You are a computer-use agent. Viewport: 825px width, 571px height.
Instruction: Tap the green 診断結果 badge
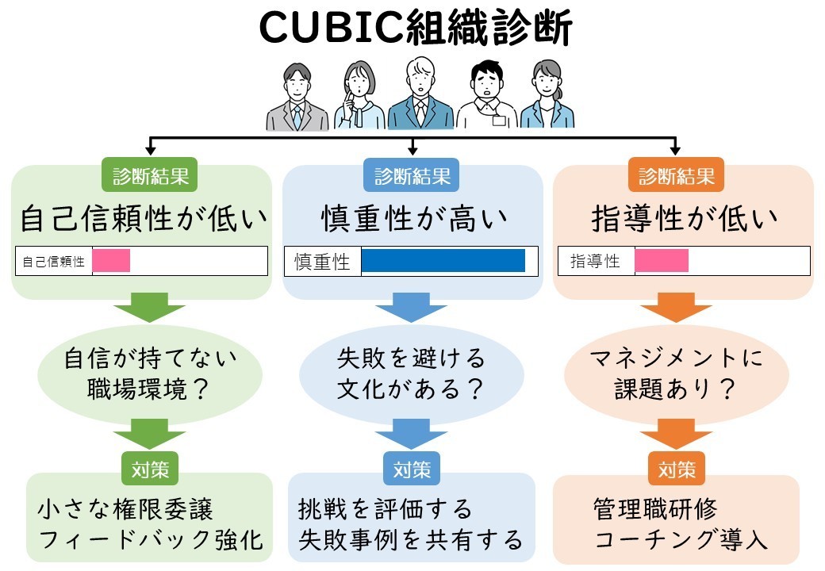point(149,175)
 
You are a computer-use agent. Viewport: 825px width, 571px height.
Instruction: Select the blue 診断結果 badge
point(412,175)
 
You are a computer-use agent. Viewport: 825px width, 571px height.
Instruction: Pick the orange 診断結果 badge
point(676,175)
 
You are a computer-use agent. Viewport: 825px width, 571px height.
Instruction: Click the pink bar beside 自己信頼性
point(111,260)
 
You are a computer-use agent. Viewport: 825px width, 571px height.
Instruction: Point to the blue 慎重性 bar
point(443,260)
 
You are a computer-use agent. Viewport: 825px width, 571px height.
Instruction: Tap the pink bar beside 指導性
point(662,260)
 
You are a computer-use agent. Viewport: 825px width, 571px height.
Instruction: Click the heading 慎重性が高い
point(414,219)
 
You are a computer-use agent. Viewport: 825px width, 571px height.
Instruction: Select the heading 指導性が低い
point(684,219)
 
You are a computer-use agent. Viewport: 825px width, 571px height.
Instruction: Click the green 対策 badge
point(150,469)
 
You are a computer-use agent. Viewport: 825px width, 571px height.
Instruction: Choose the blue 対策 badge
point(412,469)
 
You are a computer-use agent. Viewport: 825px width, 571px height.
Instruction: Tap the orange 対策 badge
point(676,469)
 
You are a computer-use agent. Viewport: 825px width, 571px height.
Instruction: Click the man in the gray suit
point(297,98)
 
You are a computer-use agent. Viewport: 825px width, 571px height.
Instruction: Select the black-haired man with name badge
point(487,94)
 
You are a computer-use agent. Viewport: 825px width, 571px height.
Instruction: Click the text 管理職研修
point(655,508)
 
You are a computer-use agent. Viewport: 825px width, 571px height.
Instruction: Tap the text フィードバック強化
point(151,540)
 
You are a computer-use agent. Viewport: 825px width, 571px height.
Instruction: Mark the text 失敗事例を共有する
point(410,540)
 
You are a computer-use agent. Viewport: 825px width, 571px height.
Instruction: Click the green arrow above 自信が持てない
point(149,308)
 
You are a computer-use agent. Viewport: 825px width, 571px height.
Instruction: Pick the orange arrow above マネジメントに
point(676,308)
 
